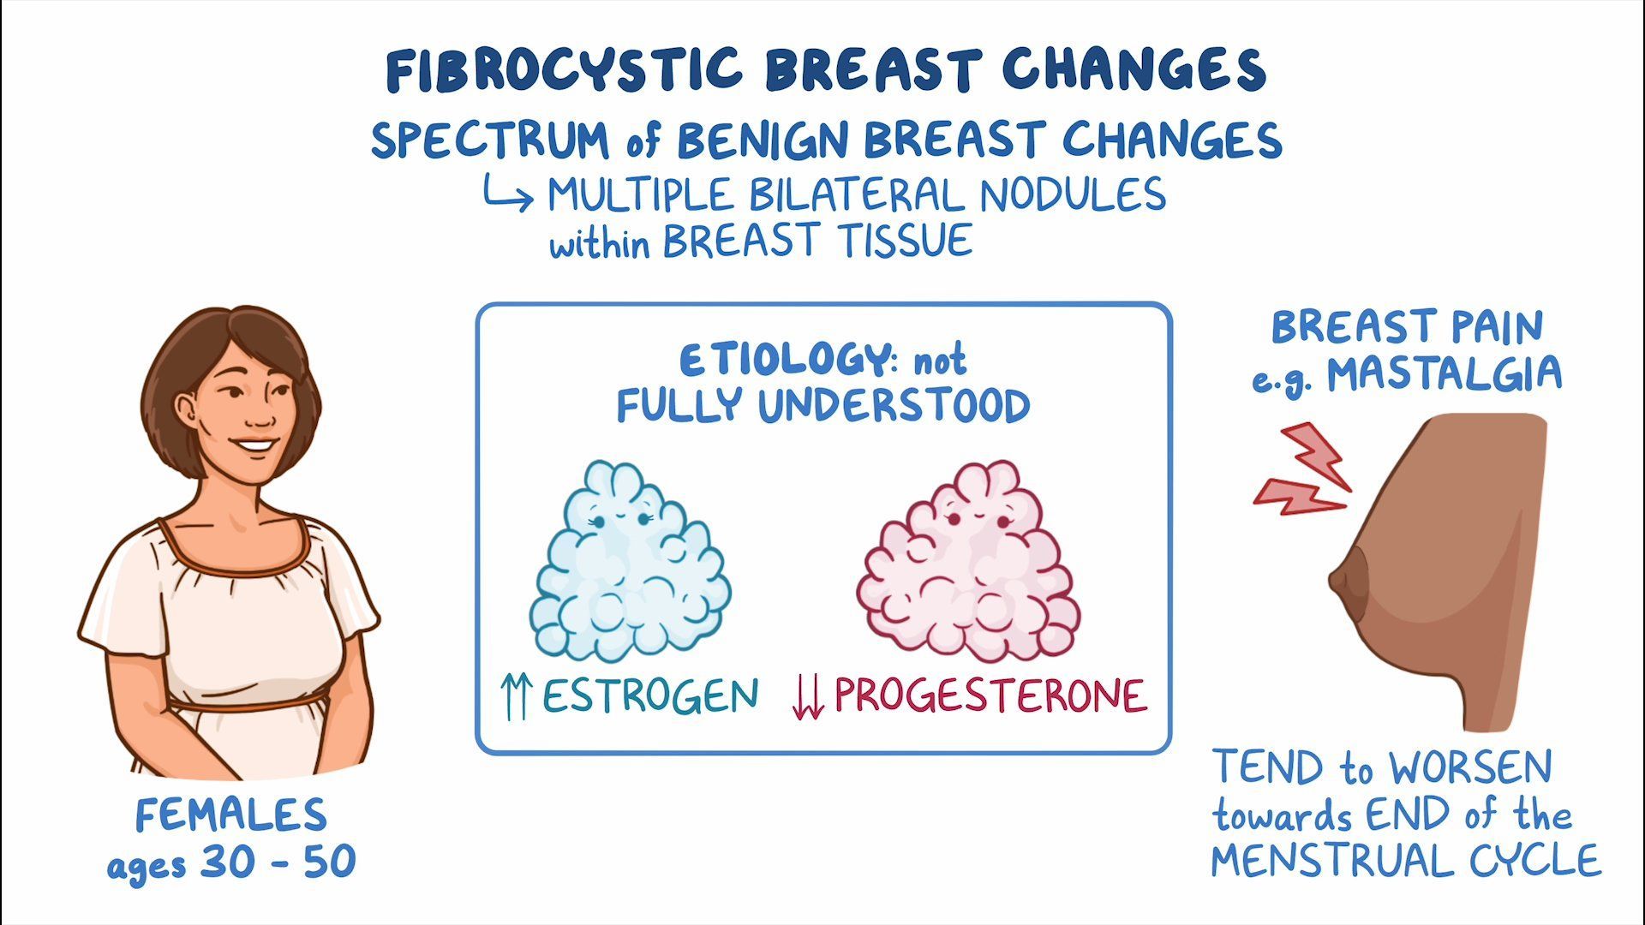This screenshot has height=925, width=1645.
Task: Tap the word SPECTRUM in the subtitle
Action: pyautogui.click(x=490, y=140)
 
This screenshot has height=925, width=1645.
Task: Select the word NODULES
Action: pyautogui.click(x=1073, y=194)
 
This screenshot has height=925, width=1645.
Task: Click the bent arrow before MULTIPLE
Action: pyautogui.click(x=508, y=194)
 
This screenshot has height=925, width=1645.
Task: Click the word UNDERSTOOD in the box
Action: pyautogui.click(x=894, y=406)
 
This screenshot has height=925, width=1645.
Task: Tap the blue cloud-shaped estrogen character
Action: pyautogui.click(x=630, y=561)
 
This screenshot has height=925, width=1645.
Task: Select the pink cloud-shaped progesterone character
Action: pyautogui.click(x=968, y=561)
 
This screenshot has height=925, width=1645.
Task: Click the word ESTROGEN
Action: pyautogui.click(x=650, y=695)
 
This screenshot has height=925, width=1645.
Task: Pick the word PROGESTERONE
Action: pyautogui.click(x=990, y=695)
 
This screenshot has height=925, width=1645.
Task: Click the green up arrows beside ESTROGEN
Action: pyautogui.click(x=516, y=696)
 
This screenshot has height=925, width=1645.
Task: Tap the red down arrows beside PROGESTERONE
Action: pyautogui.click(x=808, y=697)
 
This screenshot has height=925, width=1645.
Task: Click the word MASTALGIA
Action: pyautogui.click(x=1445, y=374)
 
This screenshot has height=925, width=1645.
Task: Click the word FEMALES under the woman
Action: pyautogui.click(x=231, y=815)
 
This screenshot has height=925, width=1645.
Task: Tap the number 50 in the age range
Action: pyautogui.click(x=330, y=862)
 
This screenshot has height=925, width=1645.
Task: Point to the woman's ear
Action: pyautogui.click(x=187, y=412)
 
